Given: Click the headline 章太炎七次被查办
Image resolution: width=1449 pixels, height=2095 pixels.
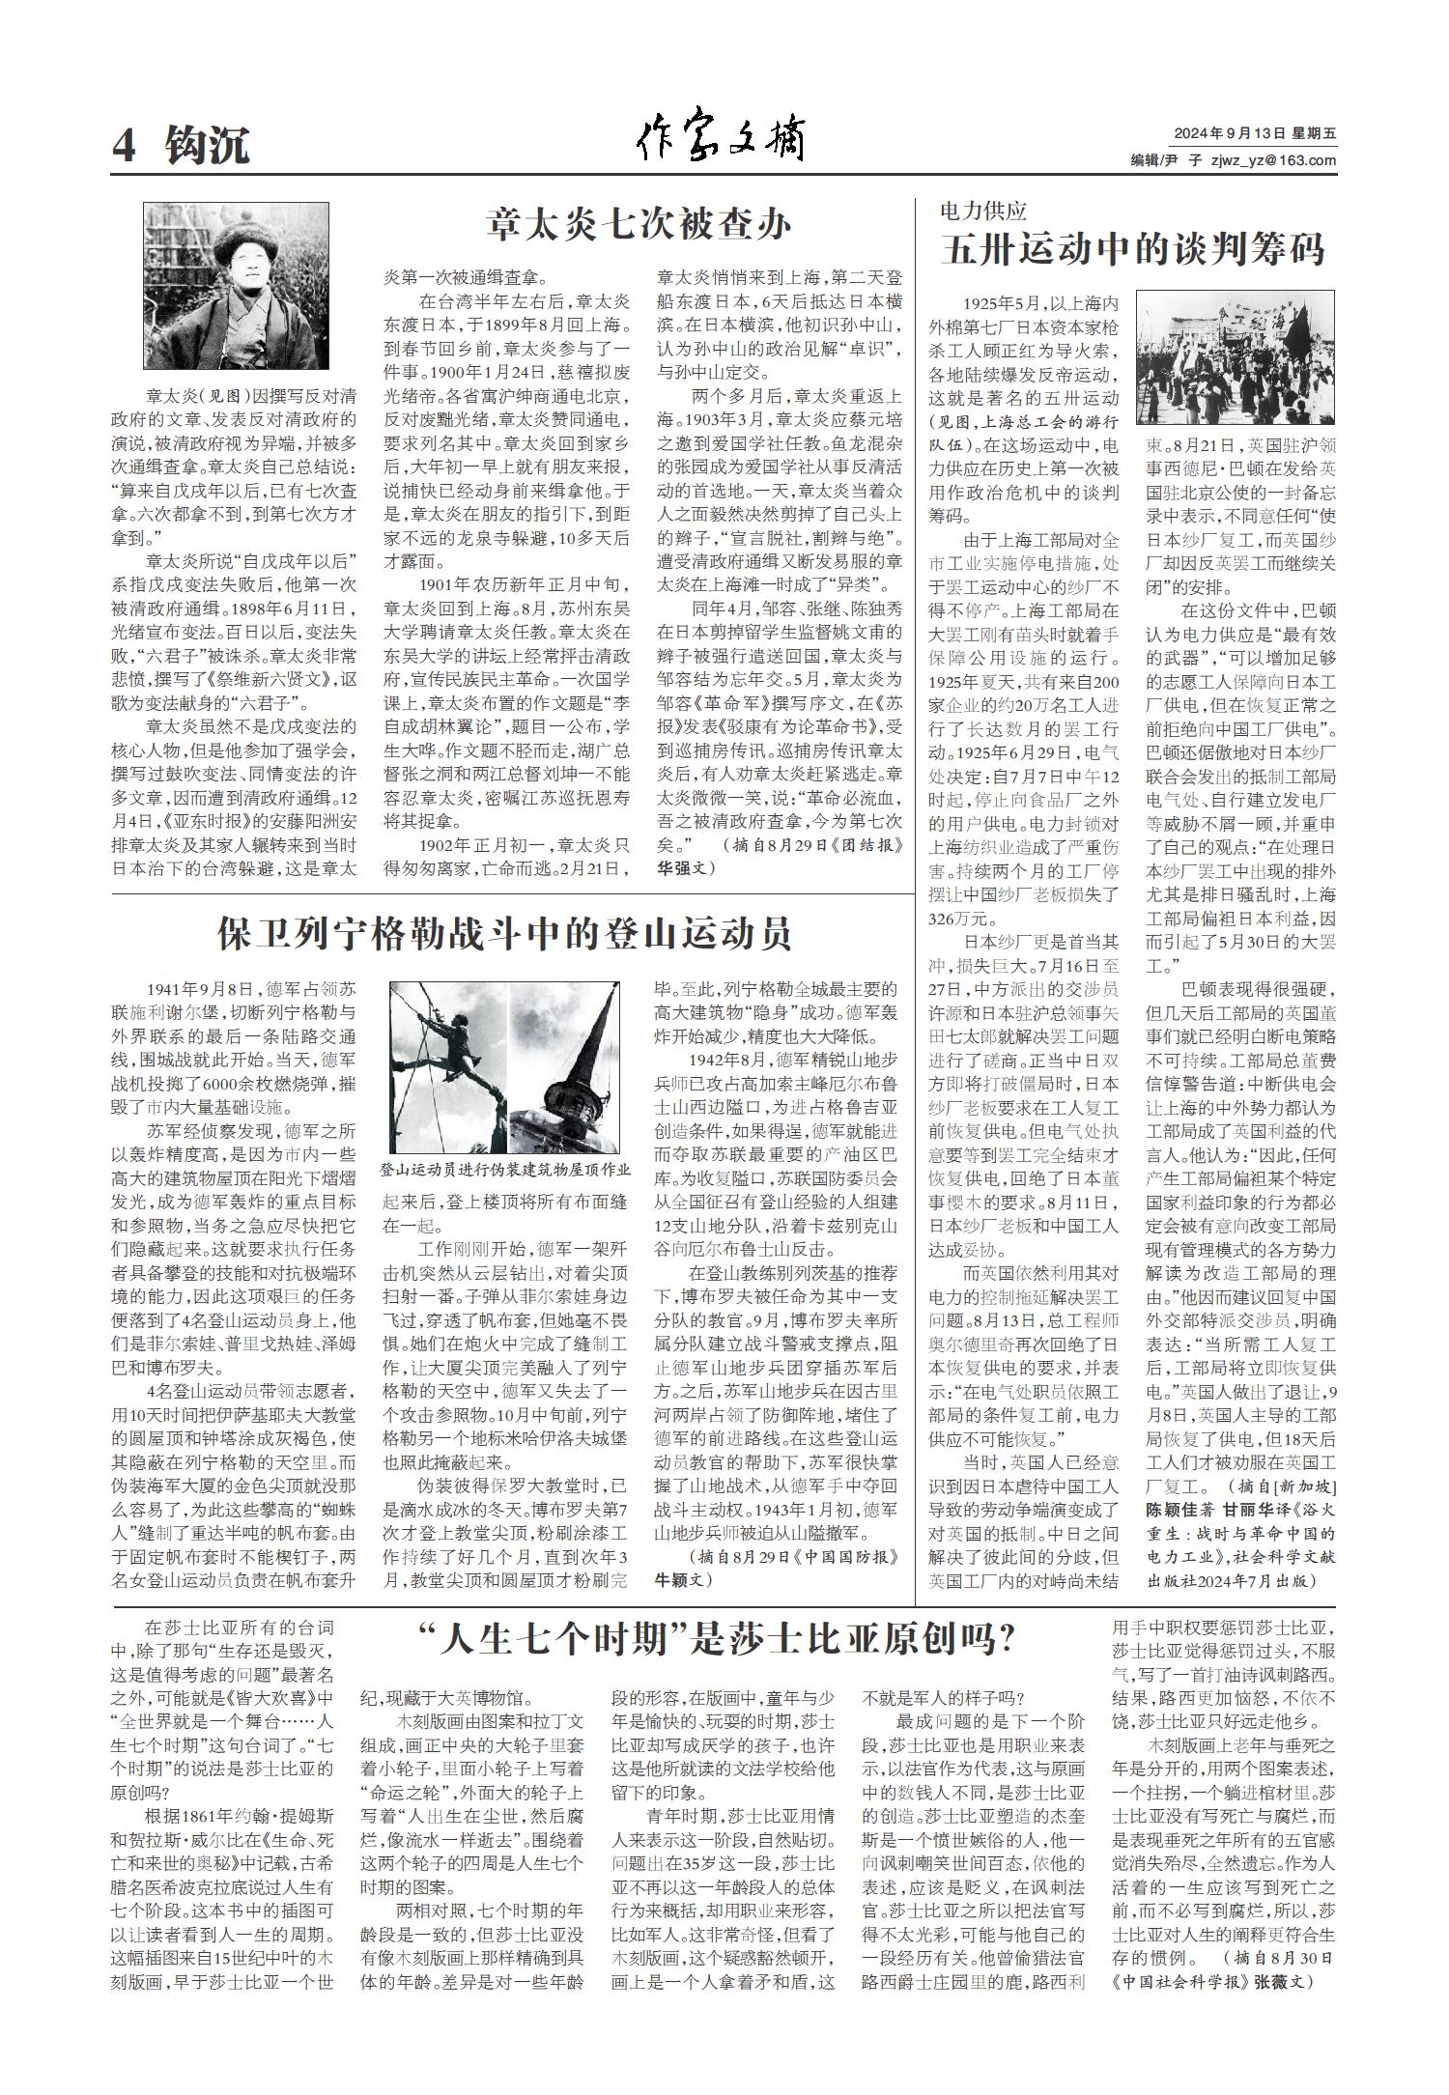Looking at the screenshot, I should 639,225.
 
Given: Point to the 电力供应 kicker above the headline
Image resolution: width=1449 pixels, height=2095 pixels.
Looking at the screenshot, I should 983,210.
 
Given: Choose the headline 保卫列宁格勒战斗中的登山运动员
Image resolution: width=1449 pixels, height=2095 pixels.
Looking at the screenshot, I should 504,934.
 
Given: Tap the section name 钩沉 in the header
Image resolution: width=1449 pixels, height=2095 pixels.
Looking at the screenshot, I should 207,146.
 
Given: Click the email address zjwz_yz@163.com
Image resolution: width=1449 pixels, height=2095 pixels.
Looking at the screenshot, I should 1274,160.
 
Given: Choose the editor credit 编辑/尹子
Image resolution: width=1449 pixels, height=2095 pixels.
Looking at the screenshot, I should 1161,160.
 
